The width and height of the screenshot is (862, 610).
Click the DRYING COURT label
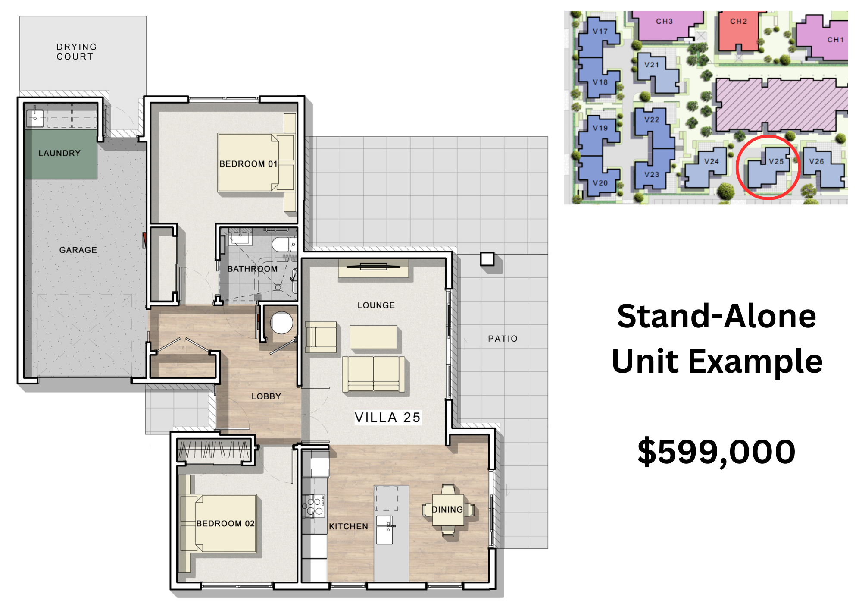[x=77, y=52]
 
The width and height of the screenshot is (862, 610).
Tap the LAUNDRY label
[x=59, y=153]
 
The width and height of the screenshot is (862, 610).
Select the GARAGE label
[x=78, y=250]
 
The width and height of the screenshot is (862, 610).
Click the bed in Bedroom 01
[x=256, y=163]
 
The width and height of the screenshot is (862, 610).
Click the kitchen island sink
[x=384, y=530]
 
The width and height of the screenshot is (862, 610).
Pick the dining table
[x=448, y=510]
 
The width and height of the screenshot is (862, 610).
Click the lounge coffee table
[x=373, y=337]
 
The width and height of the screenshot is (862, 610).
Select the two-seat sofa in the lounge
[x=373, y=374]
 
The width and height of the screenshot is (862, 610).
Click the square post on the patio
[x=487, y=259]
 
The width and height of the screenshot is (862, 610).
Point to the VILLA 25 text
[x=387, y=418]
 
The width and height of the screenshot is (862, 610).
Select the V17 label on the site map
[x=600, y=31]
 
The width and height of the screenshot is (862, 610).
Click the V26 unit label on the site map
[x=816, y=161]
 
